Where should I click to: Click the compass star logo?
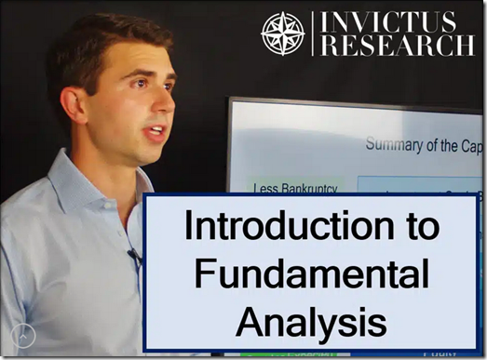(x=283, y=33)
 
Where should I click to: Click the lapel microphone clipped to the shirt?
(x=133, y=253)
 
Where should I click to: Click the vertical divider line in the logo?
(x=313, y=33)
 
